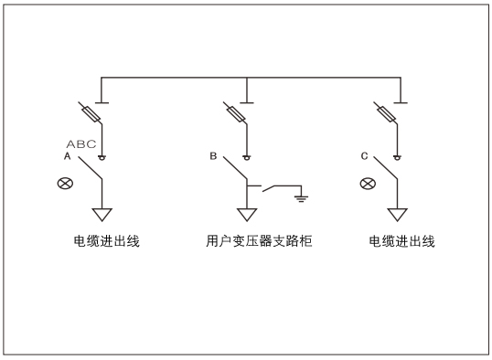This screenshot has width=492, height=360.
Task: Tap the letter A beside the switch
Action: click(x=66, y=157)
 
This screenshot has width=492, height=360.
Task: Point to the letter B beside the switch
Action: click(x=213, y=157)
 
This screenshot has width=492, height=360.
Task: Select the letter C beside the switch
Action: click(x=364, y=157)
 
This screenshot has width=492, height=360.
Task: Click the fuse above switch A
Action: click(x=90, y=113)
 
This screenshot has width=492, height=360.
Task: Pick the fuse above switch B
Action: click(x=236, y=113)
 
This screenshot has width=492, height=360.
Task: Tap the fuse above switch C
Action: click(x=386, y=113)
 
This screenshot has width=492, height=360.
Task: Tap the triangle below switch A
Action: click(x=102, y=217)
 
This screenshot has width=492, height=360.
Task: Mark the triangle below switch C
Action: click(x=396, y=217)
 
